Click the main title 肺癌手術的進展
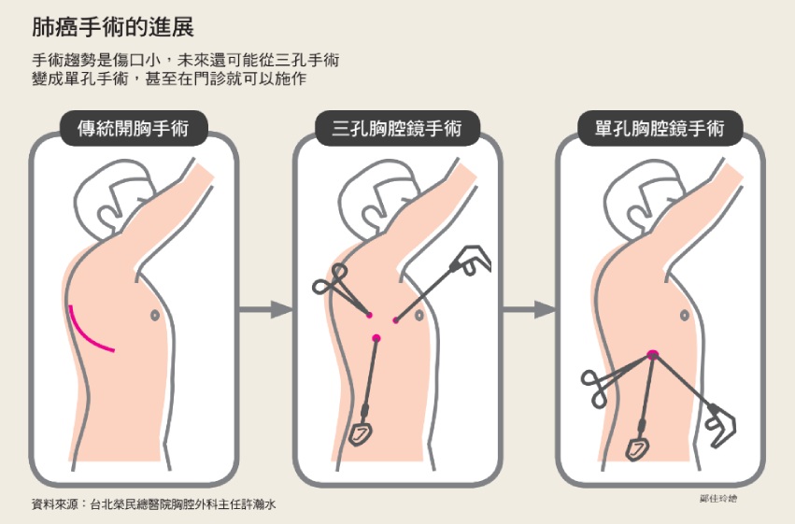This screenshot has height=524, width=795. click(x=112, y=27)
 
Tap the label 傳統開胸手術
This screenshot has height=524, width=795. click(x=134, y=128)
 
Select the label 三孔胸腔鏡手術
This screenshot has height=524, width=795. click(x=397, y=128)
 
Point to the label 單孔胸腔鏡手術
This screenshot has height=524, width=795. click(x=660, y=128)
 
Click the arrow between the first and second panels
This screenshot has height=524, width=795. click(x=265, y=309)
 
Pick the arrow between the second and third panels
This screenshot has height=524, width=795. click(x=530, y=309)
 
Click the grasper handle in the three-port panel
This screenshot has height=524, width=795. click(x=471, y=260)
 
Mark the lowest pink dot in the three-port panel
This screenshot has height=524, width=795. click(x=376, y=338)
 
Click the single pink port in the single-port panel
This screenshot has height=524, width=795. click(x=652, y=354)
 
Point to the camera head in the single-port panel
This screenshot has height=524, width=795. click(x=637, y=448)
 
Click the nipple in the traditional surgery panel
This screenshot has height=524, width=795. click(x=155, y=315)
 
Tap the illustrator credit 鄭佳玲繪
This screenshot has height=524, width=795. click(x=718, y=499)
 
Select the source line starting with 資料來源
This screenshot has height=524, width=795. click(x=153, y=504)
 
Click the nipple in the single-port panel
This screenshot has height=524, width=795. click(x=685, y=316)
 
